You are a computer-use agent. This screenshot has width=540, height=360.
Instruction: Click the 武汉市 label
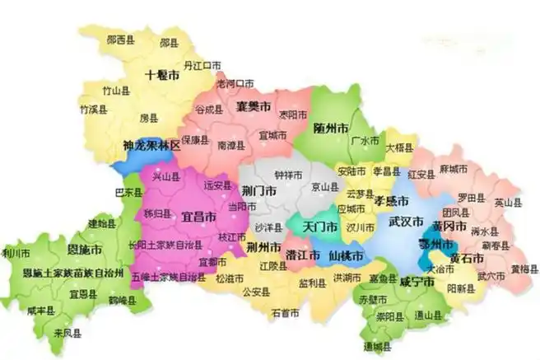pyautogui.click(x=406, y=222)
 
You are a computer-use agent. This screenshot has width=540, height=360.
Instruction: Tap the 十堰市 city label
pyautogui.click(x=161, y=75)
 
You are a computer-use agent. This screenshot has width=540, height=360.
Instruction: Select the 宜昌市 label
pyautogui.click(x=199, y=217)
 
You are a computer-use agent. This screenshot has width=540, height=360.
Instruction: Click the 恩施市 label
pyautogui.click(x=85, y=249)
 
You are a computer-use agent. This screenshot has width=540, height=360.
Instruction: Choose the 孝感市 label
pyautogui.click(x=393, y=200)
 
